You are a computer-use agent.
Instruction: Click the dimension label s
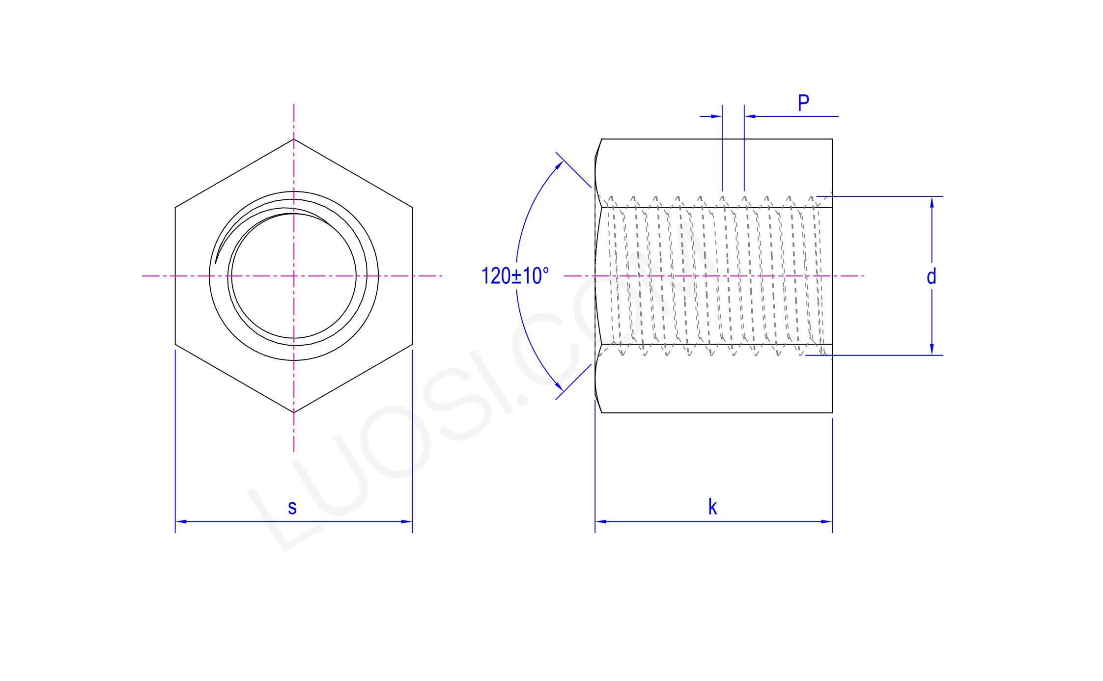(x=292, y=508)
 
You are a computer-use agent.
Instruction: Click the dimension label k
(x=712, y=507)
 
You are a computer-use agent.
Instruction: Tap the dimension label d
(x=931, y=277)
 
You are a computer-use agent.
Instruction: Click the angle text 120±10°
(x=515, y=276)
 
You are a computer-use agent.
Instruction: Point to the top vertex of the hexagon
(x=294, y=139)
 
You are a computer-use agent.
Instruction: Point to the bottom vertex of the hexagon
(x=294, y=412)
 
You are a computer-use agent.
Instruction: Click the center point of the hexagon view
(x=294, y=276)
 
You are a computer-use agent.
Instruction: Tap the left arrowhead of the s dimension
(x=180, y=521)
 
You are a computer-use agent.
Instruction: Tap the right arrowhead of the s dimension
(x=408, y=521)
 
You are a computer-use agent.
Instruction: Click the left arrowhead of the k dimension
(x=600, y=521)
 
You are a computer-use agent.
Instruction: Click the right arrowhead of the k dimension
(x=827, y=521)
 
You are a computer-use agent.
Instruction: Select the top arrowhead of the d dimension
(x=932, y=201)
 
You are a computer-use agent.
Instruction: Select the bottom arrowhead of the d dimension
(x=932, y=350)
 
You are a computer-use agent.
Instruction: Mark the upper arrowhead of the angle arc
(x=560, y=164)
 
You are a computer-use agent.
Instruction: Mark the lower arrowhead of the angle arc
(x=560, y=387)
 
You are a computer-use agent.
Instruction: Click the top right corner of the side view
(x=832, y=139)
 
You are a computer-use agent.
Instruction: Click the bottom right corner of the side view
(x=832, y=412)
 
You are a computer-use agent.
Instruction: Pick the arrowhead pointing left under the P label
(x=749, y=116)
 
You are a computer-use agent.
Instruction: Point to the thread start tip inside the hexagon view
(x=216, y=263)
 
